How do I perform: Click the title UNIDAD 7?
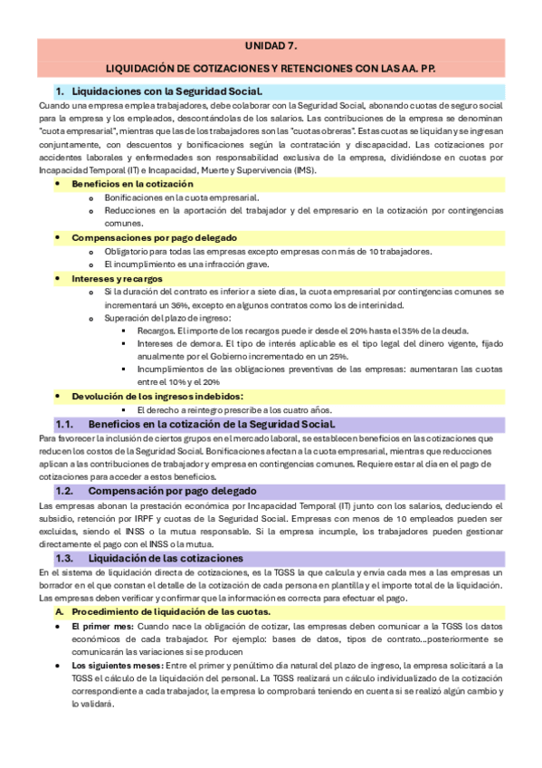271,46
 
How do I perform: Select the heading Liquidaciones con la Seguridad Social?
166,91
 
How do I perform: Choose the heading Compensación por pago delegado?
175,490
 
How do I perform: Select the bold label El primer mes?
102,626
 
